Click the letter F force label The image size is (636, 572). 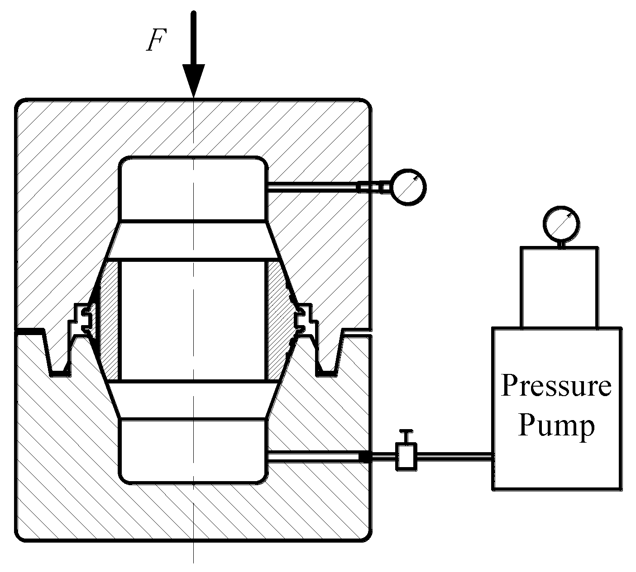pyautogui.click(x=155, y=42)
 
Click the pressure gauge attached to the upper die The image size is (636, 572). pyautogui.click(x=409, y=187)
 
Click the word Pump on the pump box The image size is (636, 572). pyautogui.click(x=556, y=425)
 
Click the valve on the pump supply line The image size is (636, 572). pyautogui.click(x=406, y=457)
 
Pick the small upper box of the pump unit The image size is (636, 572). pyautogui.click(x=560, y=287)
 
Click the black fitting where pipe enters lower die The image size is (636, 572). pyautogui.click(x=365, y=458)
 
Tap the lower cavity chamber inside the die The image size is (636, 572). pyautogui.click(x=193, y=450)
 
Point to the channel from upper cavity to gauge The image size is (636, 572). pyautogui.click(x=312, y=187)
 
